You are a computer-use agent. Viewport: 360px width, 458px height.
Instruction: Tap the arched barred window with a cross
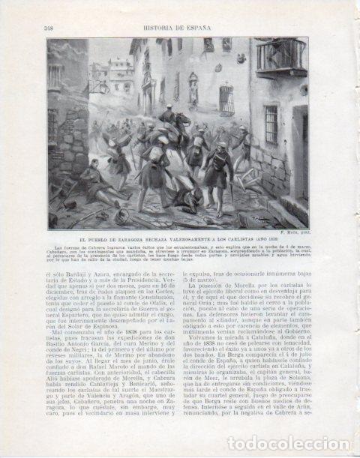click(226, 98)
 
